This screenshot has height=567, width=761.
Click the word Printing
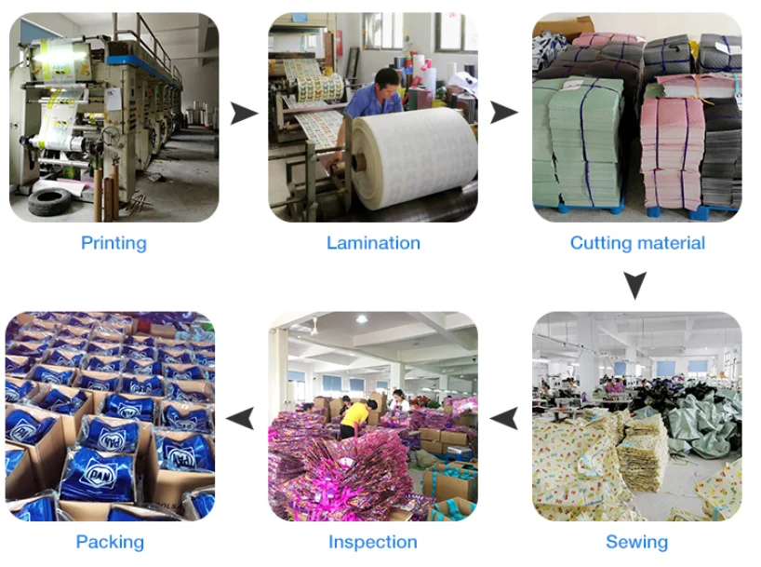pyautogui.click(x=113, y=243)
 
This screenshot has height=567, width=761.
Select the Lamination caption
pyautogui.click(x=373, y=243)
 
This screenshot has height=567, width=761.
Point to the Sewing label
pyautogui.click(x=636, y=542)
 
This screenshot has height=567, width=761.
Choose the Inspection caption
pyautogui.click(x=372, y=542)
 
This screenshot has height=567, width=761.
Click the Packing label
pyautogui.click(x=110, y=542)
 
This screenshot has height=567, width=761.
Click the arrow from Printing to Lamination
pyautogui.click(x=244, y=114)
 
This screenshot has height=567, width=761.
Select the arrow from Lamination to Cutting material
pyautogui.click(x=504, y=114)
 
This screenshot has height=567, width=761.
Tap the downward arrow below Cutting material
pyautogui.click(x=635, y=285)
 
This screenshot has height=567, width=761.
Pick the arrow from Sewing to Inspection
pyautogui.click(x=504, y=418)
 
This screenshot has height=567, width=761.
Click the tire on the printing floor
pyautogui.click(x=51, y=199)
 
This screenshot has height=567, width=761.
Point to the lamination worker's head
pyautogui.click(x=389, y=78)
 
